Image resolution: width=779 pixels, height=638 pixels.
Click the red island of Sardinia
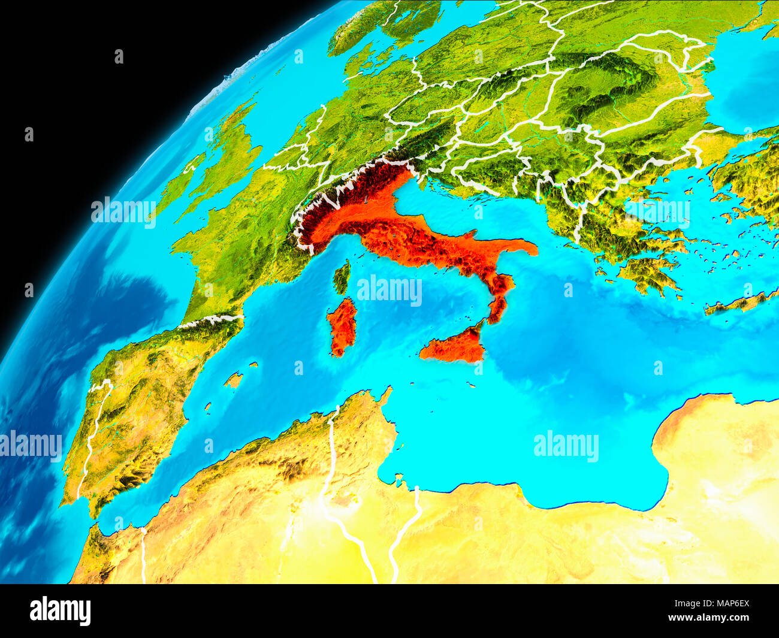click(342, 326)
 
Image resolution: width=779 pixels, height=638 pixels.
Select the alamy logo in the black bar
click(60, 611)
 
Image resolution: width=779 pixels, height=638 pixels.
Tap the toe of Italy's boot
click(496, 312)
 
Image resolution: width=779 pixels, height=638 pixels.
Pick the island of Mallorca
click(234, 379)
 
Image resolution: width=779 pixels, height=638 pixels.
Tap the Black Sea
click(749, 84)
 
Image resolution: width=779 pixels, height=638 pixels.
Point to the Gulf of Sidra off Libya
click(599, 479)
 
